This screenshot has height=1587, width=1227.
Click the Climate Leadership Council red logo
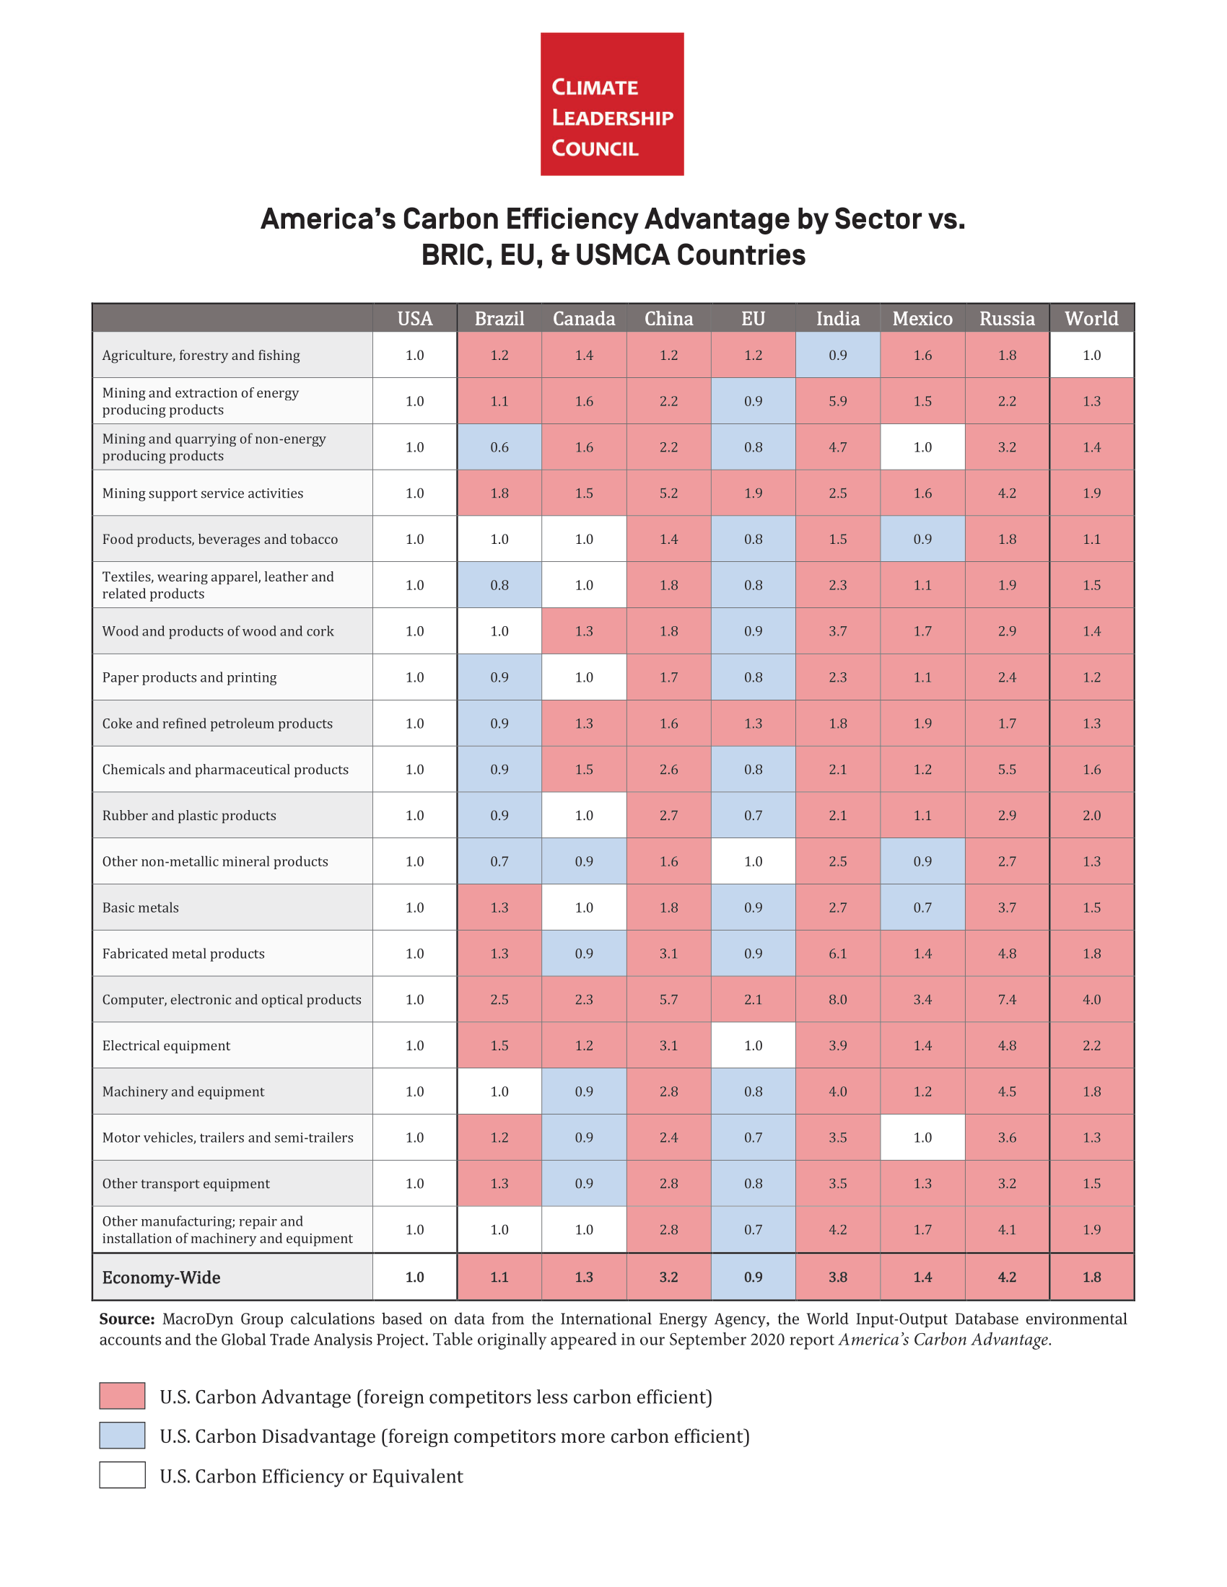pos(611,104)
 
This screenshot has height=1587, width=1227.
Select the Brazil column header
pos(499,318)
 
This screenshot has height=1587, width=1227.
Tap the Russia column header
pos(1007,318)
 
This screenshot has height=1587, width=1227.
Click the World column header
pos(1091,318)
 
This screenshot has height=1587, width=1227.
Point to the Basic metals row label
pos(140,907)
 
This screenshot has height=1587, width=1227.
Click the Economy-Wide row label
pos(162,1278)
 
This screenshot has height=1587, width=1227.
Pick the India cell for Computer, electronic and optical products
pos(837,1000)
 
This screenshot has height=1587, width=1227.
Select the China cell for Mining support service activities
pos(668,493)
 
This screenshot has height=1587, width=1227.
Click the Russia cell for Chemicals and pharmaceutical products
pos(1007,770)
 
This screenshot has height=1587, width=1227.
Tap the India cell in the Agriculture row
pos(837,356)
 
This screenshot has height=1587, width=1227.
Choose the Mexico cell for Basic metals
pos(922,907)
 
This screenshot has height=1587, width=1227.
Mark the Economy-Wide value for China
pos(668,1278)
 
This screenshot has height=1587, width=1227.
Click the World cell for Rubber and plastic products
pos(1091,815)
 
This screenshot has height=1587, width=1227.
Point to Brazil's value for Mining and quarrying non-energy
pos(499,448)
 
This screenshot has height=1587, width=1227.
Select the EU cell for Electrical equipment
pos(753,1046)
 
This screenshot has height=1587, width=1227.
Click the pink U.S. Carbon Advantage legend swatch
pos(122,1396)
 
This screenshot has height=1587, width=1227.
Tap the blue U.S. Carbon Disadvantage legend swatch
pos(122,1436)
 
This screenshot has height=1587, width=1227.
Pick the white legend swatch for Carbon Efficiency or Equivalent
pos(122,1476)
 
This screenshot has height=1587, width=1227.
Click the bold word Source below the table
pos(126,1319)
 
